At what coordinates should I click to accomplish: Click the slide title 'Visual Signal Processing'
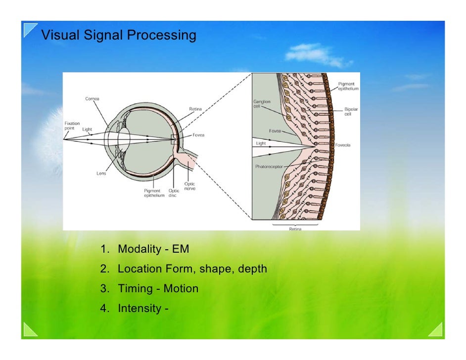[x=118, y=36]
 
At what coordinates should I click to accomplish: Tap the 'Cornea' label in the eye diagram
[x=92, y=98]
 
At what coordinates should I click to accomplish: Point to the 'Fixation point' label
[x=72, y=126]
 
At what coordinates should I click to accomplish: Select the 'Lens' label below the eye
[x=101, y=173]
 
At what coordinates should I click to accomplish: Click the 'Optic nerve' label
[x=189, y=186]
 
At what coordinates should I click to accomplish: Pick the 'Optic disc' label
[x=174, y=192]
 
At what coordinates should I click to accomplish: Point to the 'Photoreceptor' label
[x=269, y=167]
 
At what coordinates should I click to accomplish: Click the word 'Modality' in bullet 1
[x=138, y=249]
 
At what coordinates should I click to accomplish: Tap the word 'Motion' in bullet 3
[x=181, y=288]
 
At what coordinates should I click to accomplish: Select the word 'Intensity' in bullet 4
[x=139, y=309]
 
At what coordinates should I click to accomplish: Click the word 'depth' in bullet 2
[x=252, y=269]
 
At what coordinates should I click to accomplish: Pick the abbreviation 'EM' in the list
[x=181, y=249]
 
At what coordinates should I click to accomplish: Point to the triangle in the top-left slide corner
[x=30, y=30]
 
